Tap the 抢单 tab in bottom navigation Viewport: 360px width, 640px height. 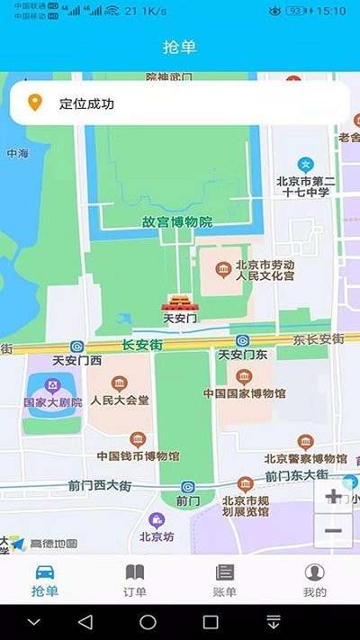click(44, 580)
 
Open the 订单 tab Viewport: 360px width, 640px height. click(134, 580)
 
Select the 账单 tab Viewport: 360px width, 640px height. click(224, 580)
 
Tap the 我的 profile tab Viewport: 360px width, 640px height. click(314, 580)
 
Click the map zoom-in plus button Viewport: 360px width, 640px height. click(332, 496)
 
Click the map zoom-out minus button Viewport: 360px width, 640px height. click(332, 530)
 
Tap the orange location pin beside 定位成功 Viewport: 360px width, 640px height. click(35, 104)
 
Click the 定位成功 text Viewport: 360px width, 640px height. click(87, 104)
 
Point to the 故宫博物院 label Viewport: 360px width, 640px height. click(176, 221)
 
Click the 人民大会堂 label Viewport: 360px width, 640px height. click(119, 401)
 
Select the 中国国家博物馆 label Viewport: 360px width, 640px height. click(244, 393)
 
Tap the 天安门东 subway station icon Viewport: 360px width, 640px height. click(242, 340)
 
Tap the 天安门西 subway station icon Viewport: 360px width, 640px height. click(77, 345)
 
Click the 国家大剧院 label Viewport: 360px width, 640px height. click(53, 402)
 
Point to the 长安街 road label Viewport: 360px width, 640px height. click(141, 344)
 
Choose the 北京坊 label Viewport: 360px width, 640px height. click(157, 537)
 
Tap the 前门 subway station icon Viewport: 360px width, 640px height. click(187, 487)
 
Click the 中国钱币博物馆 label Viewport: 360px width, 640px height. click(138, 455)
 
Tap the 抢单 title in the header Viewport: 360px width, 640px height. click(180, 47)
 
